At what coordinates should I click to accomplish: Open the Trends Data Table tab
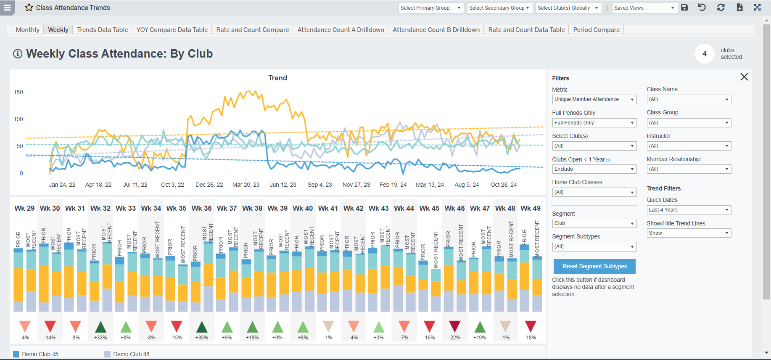102,30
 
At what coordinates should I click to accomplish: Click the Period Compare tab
596,30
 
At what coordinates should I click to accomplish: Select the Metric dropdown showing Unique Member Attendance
594,99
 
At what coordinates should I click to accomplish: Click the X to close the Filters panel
744,77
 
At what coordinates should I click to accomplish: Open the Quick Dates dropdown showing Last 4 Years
689,210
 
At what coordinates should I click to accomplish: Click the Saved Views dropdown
644,8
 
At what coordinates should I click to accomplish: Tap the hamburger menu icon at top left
7,8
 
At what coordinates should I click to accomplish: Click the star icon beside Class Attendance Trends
29,8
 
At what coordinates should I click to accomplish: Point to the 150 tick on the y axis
18,92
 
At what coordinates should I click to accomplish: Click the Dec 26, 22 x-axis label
209,185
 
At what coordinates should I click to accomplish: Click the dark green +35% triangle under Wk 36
202,327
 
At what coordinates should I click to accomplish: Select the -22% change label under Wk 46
454,338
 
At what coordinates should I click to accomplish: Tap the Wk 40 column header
303,208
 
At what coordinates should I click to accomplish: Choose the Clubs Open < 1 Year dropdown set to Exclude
594,169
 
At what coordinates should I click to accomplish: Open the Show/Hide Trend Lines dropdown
689,233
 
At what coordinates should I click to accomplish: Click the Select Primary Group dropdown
430,8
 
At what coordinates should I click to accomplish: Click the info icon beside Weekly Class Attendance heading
18,54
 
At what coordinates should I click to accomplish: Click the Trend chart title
277,78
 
